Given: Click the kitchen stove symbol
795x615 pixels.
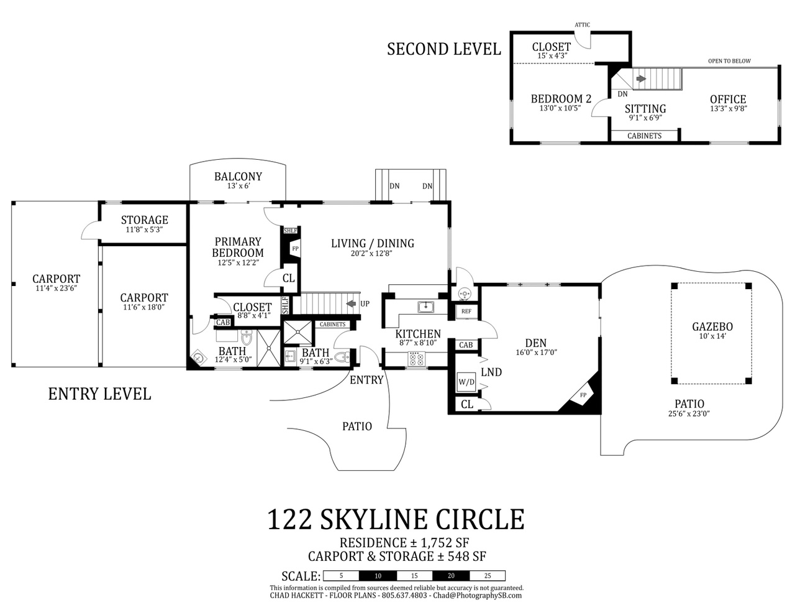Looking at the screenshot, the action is (416, 358).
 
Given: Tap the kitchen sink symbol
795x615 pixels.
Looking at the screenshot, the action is (425, 307).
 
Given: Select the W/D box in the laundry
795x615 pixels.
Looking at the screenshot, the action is (466, 382).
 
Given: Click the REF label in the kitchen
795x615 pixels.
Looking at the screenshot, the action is (466, 312).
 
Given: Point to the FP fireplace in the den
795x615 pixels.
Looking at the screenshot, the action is (583, 395).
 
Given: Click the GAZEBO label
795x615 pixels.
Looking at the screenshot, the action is (712, 326).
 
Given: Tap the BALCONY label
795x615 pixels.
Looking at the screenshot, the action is (238, 177).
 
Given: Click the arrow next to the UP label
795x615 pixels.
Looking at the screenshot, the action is (351, 303).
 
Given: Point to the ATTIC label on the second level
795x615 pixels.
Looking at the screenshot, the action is (582, 25).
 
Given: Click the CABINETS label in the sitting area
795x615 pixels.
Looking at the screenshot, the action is (644, 136).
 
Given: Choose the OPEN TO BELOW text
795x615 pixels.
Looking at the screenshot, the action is (729, 61).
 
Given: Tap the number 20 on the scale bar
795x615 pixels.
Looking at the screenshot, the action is (451, 576).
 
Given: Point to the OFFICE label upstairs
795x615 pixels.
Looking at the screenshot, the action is (728, 99).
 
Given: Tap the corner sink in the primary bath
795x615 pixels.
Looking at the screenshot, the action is (199, 356).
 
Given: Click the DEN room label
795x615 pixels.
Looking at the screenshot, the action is (535, 343).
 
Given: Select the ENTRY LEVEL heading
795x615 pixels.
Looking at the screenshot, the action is (99, 394).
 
